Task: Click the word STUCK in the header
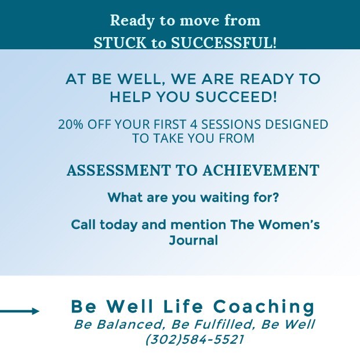pyautogui.click(x=119, y=43)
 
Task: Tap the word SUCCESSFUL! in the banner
pyautogui.click(x=224, y=43)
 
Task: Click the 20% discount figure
pyautogui.click(x=71, y=124)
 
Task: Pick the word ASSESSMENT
pyautogui.click(x=118, y=170)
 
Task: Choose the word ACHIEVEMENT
pyautogui.click(x=261, y=170)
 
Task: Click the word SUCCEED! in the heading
pyautogui.click(x=236, y=97)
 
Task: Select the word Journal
pyautogui.click(x=193, y=241)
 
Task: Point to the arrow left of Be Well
pyautogui.click(x=20, y=311)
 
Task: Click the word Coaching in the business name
pyautogui.click(x=264, y=307)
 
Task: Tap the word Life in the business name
pyautogui.click(x=183, y=307)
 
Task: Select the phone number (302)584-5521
pyautogui.click(x=194, y=339)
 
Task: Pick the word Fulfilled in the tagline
pyautogui.click(x=223, y=325)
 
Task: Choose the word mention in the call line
pyautogui.click(x=198, y=224)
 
